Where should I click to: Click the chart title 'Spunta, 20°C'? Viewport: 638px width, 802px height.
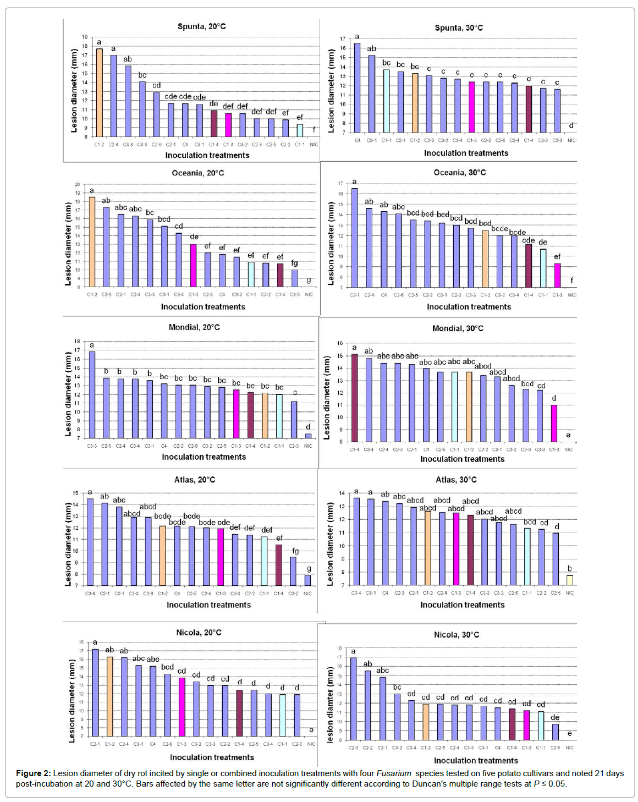(x=201, y=26)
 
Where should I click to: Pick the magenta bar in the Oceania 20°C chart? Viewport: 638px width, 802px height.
(x=193, y=265)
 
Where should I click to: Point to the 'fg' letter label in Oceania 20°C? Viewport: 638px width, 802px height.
(x=295, y=263)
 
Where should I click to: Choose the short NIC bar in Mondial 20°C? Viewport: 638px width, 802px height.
(x=308, y=436)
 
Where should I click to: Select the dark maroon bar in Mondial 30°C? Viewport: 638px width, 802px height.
(x=355, y=397)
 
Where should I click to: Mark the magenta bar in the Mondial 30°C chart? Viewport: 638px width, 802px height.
(x=554, y=423)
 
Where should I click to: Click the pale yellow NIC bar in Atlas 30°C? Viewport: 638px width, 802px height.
(x=570, y=580)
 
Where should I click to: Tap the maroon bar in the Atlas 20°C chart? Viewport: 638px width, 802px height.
(x=279, y=565)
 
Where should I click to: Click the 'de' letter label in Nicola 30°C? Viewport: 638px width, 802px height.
(x=555, y=717)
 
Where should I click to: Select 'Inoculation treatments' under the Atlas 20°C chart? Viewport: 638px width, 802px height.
(x=208, y=605)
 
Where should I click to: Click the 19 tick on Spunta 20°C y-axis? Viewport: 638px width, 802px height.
(x=85, y=37)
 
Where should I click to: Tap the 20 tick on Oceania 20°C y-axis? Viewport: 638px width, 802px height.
(x=78, y=185)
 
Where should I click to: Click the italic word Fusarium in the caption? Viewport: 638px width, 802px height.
(x=393, y=773)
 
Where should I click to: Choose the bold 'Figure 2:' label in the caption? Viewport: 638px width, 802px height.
(x=33, y=773)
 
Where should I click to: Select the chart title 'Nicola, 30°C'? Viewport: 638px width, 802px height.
(x=456, y=635)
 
